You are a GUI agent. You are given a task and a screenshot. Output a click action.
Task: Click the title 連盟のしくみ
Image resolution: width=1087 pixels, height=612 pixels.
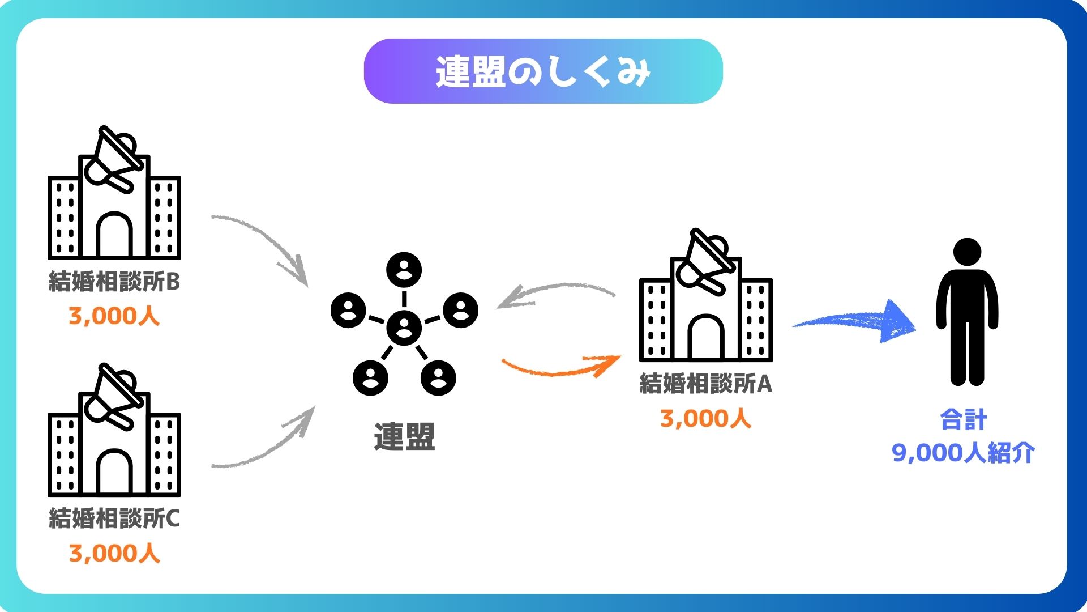tap(543, 71)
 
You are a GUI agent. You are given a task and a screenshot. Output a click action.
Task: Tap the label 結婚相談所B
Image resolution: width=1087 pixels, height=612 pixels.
tap(114, 282)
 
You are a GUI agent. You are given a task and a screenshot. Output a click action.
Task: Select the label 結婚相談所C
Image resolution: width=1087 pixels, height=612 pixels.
tap(114, 518)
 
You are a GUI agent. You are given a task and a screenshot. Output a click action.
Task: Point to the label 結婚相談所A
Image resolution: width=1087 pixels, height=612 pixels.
tap(705, 384)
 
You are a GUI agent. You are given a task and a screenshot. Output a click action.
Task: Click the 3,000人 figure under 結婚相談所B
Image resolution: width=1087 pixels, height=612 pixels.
tap(114, 316)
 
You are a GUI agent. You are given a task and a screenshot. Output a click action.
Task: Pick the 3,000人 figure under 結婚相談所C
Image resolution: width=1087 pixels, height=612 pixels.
tap(114, 554)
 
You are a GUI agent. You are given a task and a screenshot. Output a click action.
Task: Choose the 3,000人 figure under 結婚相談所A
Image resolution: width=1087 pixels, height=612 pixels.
tap(705, 419)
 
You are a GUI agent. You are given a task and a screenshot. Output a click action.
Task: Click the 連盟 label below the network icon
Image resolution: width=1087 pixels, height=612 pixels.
tap(404, 437)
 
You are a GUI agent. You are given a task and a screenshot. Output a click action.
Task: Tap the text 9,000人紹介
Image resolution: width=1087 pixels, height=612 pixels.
tap(963, 453)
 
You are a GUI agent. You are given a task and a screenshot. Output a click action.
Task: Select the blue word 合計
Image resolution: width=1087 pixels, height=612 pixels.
tap(963, 420)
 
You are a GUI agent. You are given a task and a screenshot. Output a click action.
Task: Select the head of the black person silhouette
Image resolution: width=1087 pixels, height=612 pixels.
tap(967, 252)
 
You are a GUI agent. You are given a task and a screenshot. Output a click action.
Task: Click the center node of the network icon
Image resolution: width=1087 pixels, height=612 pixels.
tap(404, 328)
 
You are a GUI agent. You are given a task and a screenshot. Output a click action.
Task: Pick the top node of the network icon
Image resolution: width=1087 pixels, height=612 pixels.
tap(404, 269)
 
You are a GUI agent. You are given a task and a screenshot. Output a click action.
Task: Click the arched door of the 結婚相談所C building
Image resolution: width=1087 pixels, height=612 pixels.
tap(114, 471)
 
